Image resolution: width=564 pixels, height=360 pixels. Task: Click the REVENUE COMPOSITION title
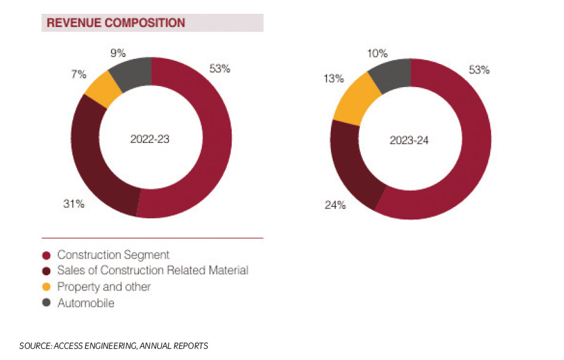click(116, 23)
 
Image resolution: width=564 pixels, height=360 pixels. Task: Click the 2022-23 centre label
click(150, 139)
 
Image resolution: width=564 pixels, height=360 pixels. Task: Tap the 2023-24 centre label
click(409, 140)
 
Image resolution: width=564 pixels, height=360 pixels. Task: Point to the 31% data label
click(73, 203)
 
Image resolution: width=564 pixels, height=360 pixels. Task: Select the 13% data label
click(333, 79)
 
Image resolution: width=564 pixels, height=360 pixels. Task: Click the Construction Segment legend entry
click(113, 255)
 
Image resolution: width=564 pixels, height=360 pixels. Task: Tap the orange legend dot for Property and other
click(46, 287)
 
